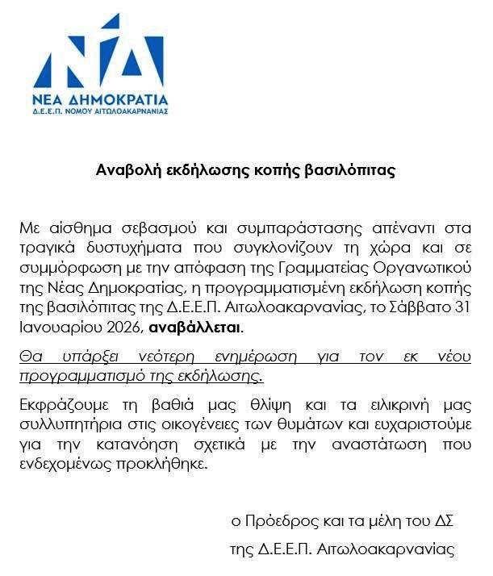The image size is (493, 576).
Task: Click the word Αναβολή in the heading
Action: [x=124, y=170]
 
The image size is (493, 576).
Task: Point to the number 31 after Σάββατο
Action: [x=463, y=307]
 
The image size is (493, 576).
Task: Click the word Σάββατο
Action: [x=419, y=307]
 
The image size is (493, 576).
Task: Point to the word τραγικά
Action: [x=47, y=247]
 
